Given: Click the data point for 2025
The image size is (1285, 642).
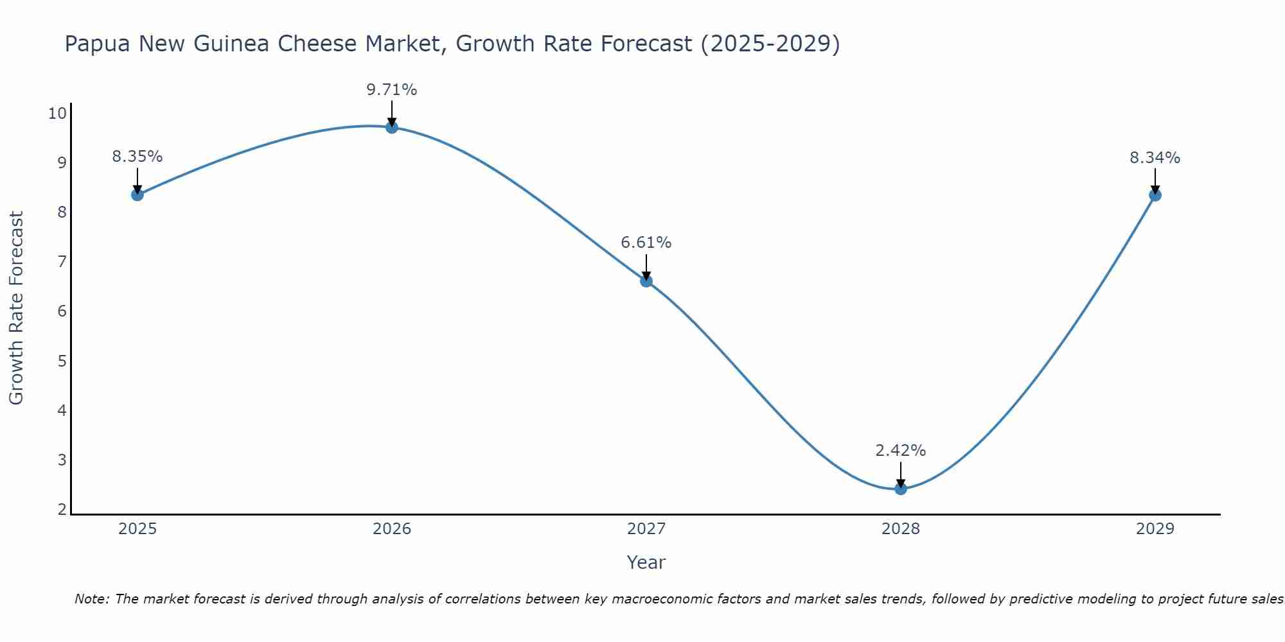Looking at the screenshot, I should tap(137, 195).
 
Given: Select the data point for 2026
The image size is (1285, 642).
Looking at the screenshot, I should tap(392, 127).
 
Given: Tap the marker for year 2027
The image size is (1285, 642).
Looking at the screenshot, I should tap(646, 281).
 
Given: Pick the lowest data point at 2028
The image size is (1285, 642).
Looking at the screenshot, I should tap(901, 489).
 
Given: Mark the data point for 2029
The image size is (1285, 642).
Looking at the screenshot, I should tap(1155, 195).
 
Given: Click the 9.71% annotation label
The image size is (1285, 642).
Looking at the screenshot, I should tap(392, 90).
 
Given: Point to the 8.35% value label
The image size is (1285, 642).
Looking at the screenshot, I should tap(137, 157).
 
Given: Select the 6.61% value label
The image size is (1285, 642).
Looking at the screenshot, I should tap(646, 243).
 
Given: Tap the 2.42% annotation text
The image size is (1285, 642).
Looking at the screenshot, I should tap(901, 451).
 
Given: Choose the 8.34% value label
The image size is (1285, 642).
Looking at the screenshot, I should tap(1155, 158).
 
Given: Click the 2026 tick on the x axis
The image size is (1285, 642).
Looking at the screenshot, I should tap(392, 529).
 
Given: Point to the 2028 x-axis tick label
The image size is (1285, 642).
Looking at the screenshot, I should tap(901, 529).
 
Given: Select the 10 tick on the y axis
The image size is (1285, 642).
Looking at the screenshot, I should tap(57, 114).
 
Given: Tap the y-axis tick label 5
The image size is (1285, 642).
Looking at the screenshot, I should tap(62, 361).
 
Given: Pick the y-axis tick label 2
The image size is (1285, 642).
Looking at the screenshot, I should tap(62, 510).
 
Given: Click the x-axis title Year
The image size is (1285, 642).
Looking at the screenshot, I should tap(646, 562).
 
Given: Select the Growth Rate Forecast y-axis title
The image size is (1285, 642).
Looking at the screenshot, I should tap(17, 308).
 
